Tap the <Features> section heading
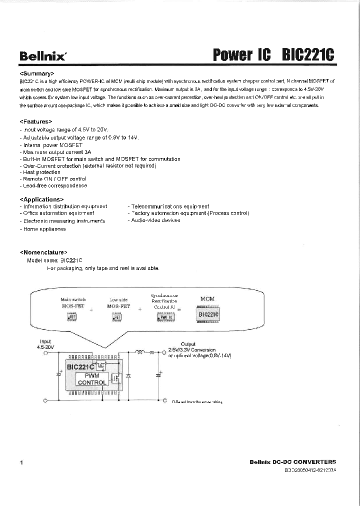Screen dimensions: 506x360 pos(36,121)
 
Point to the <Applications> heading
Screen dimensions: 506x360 pos(42,199)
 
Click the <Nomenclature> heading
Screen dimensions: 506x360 pos(43,252)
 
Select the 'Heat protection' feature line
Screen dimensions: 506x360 pos(42,172)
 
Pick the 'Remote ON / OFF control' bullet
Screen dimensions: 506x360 pos(54,178)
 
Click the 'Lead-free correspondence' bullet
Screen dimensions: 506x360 pos(54,185)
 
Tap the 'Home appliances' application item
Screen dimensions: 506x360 pos(44,229)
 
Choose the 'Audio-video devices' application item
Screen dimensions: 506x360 pos(155,220)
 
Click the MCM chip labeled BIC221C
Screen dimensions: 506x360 pos(208,314)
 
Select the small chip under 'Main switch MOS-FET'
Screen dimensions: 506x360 pos(72,316)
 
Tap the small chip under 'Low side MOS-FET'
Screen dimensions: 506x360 pos(117,316)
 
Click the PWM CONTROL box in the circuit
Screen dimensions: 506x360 pos(91,379)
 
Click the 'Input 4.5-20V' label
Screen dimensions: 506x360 pos(45,344)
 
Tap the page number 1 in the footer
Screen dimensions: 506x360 pos(21,463)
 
